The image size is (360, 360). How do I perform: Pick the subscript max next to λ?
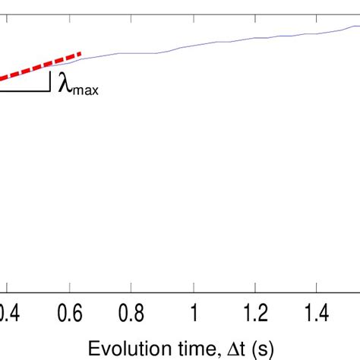(85, 91)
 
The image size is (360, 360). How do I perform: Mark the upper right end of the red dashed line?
(81, 53)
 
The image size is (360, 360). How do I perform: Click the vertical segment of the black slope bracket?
(50, 81)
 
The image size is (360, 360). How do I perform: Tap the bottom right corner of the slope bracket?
(50, 91)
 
